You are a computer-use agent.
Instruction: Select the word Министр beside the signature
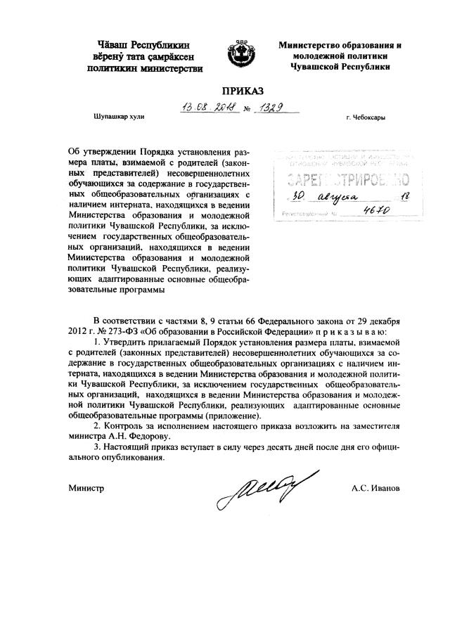pyautogui.click(x=86, y=488)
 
